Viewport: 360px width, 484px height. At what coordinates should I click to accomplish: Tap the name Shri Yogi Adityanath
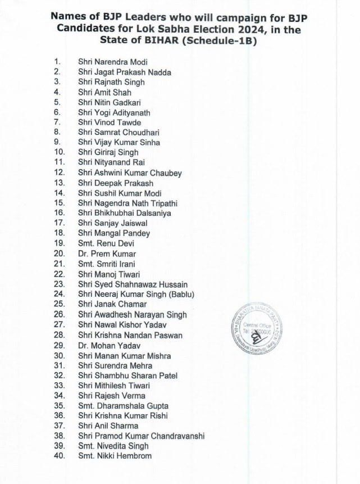tap(114, 112)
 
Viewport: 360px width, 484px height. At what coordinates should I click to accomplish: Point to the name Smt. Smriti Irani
tap(107, 264)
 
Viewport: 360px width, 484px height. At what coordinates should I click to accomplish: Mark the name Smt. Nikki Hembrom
tap(115, 456)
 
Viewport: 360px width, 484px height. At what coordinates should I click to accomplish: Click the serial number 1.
tap(57, 62)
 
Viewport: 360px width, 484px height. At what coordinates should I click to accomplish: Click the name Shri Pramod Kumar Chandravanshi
tap(141, 436)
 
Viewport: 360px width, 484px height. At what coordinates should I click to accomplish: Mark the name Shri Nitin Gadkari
tap(110, 102)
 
